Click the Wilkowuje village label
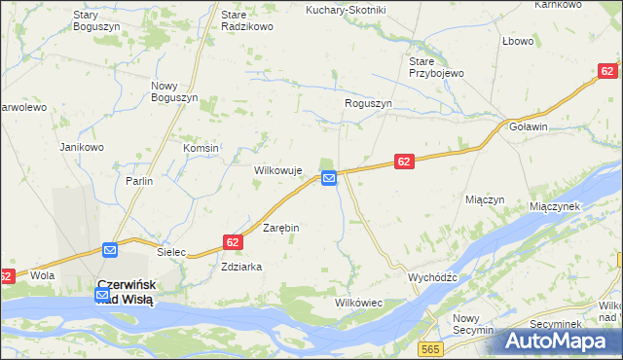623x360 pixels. tap(278, 170)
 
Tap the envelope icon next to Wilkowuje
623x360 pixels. tap(329, 178)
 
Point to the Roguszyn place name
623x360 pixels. tap(368, 103)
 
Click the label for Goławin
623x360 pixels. tap(529, 126)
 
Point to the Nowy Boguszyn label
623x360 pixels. tap(174, 92)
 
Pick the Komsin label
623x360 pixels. tap(202, 148)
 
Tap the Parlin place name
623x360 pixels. tap(139, 181)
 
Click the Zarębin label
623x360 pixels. tap(281, 227)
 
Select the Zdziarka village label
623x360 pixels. tap(242, 266)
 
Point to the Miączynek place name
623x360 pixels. tap(555, 206)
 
